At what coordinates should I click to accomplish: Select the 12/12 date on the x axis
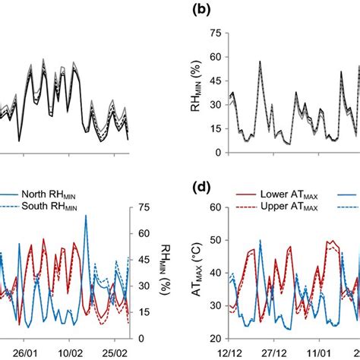click(x=230, y=353)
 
